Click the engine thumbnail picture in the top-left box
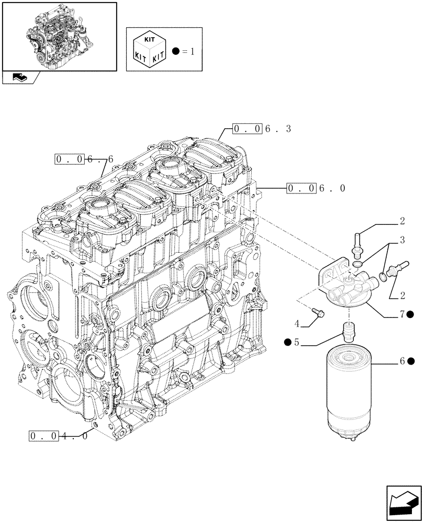tap(59, 37)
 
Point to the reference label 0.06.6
tap(83, 158)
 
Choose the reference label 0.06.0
tap(316, 188)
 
